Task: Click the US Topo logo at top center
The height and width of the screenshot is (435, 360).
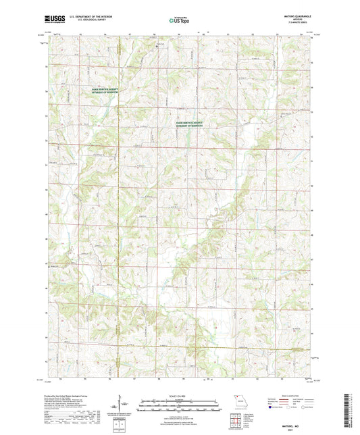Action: tap(178, 20)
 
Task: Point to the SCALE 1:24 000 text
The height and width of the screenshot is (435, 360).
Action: tap(180, 396)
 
